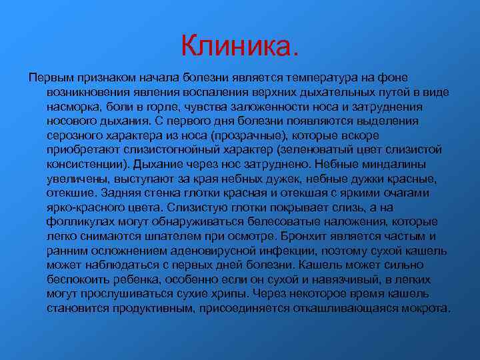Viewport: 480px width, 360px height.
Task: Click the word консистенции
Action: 87,164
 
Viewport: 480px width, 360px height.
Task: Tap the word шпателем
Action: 167,237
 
